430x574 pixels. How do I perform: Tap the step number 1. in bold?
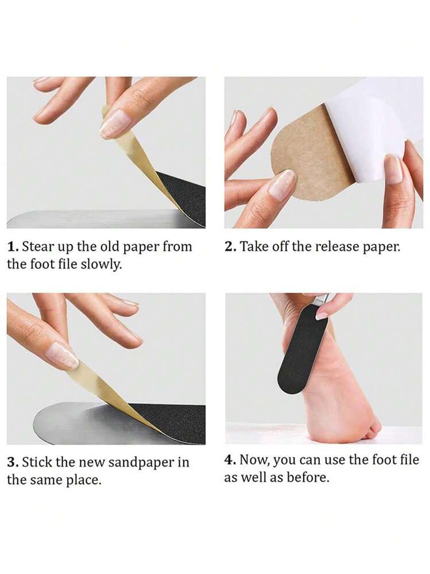pyautogui.click(x=13, y=248)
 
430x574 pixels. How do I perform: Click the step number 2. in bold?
pyautogui.click(x=230, y=247)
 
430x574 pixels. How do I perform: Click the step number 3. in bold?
pyautogui.click(x=13, y=463)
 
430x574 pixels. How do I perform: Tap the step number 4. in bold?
pyautogui.click(x=231, y=460)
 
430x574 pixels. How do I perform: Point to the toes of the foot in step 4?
pyautogui.click(x=373, y=428)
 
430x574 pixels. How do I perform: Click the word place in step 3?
pyautogui.click(x=86, y=480)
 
